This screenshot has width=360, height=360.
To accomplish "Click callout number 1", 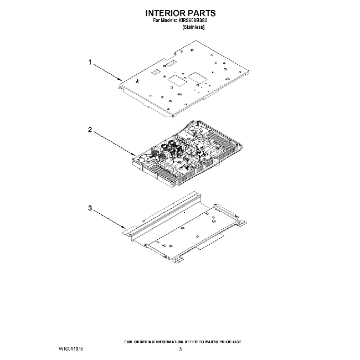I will coord(90,62).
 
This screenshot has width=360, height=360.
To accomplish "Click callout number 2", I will coord(90,130).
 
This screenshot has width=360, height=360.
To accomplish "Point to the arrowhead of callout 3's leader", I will coord(126,227).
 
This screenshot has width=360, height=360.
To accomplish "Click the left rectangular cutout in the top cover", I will coord(175,81).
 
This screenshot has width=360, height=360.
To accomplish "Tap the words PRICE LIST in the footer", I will coord(230,342).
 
